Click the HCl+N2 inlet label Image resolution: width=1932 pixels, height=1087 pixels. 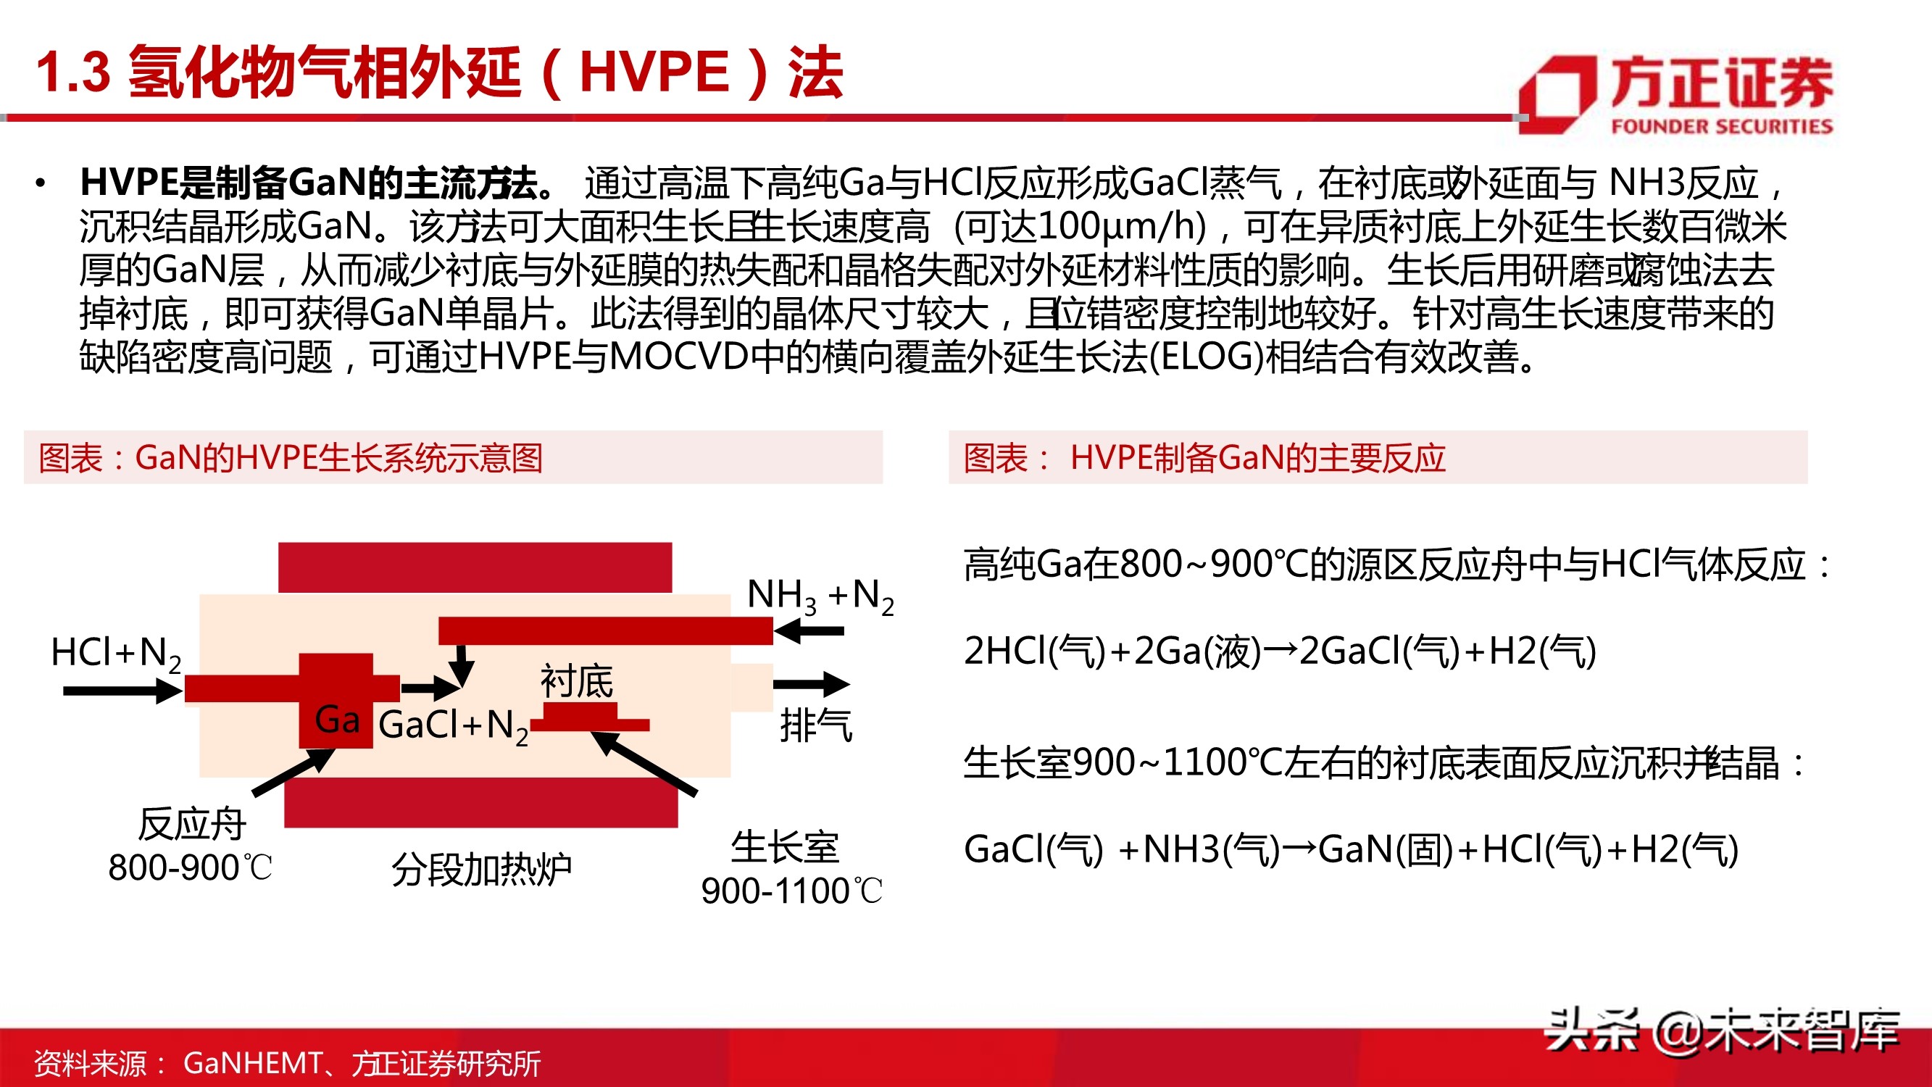pyautogui.click(x=115, y=653)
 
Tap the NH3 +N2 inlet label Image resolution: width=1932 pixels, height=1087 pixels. pyautogui.click(x=820, y=596)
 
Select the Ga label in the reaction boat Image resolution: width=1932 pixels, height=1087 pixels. pyautogui.click(x=337, y=720)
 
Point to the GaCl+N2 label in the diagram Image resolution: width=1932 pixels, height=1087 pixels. pyautogui.click(x=453, y=725)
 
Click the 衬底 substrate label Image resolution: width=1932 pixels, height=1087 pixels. pyautogui.click(x=576, y=681)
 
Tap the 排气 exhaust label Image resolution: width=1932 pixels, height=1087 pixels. pyautogui.click(x=815, y=725)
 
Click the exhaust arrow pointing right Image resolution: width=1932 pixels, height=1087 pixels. pyautogui.click(x=811, y=683)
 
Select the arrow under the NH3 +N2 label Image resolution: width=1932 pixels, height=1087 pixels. pyautogui.click(x=809, y=631)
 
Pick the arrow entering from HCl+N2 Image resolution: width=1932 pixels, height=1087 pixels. pyautogui.click(x=122, y=690)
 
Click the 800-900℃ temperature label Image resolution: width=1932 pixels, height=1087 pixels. pyautogui.click(x=190, y=868)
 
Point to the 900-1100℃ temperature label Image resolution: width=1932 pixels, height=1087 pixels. pyautogui.click(x=791, y=891)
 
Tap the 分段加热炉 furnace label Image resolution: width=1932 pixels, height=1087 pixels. pyautogui.click(x=481, y=870)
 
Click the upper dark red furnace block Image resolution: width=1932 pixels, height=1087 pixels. pyautogui.click(x=475, y=567)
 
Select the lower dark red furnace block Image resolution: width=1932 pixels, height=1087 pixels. pyautogui.click(x=480, y=802)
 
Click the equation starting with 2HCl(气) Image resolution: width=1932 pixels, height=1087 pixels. pyautogui.click(x=1279, y=651)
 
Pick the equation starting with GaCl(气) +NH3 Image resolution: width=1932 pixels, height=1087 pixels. pyautogui.click(x=1350, y=850)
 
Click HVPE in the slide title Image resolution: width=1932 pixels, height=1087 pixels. pyautogui.click(x=654, y=72)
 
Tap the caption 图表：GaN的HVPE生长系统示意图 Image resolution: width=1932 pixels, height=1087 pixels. pyautogui.click(x=291, y=457)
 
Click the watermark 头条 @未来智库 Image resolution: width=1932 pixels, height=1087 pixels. pyautogui.click(x=1722, y=1030)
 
